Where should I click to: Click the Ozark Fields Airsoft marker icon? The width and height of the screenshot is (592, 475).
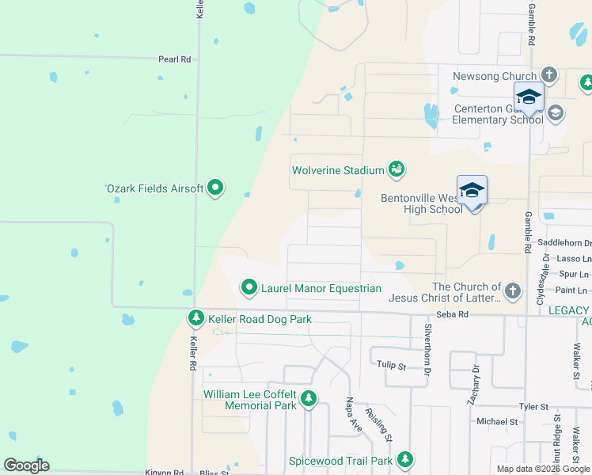(x=215, y=188)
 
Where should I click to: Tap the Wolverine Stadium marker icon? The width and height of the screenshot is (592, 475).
(x=397, y=168)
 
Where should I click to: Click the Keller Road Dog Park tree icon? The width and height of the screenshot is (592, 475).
(x=195, y=318)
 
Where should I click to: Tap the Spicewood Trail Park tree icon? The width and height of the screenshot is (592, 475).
(x=405, y=459)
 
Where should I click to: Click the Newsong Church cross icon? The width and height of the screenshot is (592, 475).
(x=548, y=76)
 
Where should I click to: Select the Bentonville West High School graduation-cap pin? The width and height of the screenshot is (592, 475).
(x=472, y=191)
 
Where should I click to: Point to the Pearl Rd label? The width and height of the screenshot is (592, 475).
(x=175, y=59)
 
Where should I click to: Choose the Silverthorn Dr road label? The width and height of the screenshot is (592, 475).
(x=428, y=348)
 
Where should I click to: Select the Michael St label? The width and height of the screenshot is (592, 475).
(x=496, y=422)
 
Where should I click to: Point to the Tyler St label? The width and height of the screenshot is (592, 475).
(x=533, y=407)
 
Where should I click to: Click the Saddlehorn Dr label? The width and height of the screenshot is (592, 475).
(x=564, y=243)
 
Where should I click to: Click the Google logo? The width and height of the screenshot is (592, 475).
(x=26, y=465)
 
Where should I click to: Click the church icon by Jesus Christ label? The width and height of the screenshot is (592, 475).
(x=512, y=291)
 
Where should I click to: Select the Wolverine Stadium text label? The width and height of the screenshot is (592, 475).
(x=338, y=170)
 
